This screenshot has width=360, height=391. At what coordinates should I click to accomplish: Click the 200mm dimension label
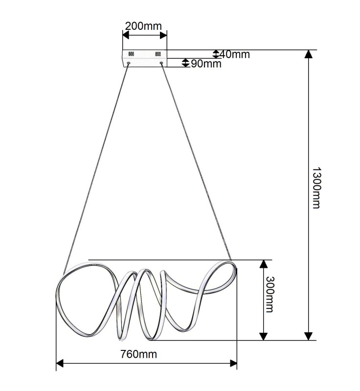click(x=143, y=26)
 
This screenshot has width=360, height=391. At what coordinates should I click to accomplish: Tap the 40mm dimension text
click(x=235, y=54)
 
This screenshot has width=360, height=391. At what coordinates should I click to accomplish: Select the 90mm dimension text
click(x=206, y=64)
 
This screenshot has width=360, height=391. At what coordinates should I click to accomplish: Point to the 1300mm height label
click(x=316, y=188)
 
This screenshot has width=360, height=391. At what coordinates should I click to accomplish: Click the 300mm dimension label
click(x=270, y=294)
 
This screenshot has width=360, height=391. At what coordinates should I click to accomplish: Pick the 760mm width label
click(x=139, y=354)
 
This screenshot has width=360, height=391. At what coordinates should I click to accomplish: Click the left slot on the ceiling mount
click(x=131, y=54)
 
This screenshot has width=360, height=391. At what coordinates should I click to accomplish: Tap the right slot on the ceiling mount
click(x=158, y=54)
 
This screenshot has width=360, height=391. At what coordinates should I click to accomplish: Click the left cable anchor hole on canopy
click(x=129, y=63)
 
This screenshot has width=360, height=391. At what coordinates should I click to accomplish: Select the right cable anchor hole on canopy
click(x=161, y=63)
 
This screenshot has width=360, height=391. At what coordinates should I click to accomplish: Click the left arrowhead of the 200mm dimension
click(x=126, y=35)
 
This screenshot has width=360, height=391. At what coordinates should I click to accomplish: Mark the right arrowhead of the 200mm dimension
click(x=163, y=35)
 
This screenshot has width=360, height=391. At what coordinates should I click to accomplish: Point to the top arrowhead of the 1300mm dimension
click(x=309, y=54)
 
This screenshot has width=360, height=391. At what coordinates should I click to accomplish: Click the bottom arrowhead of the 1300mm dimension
click(x=309, y=336)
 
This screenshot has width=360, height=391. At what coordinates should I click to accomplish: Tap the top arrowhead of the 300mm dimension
click(x=264, y=264)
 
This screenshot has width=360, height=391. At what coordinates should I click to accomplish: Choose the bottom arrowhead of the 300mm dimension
click(x=264, y=336)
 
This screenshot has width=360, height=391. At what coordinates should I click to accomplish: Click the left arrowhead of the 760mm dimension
click(x=60, y=363)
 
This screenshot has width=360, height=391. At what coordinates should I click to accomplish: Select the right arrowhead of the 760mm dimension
click(x=233, y=363)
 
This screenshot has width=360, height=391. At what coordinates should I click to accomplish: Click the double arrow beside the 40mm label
click(x=216, y=54)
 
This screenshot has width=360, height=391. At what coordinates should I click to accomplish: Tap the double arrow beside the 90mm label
click(x=185, y=63)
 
